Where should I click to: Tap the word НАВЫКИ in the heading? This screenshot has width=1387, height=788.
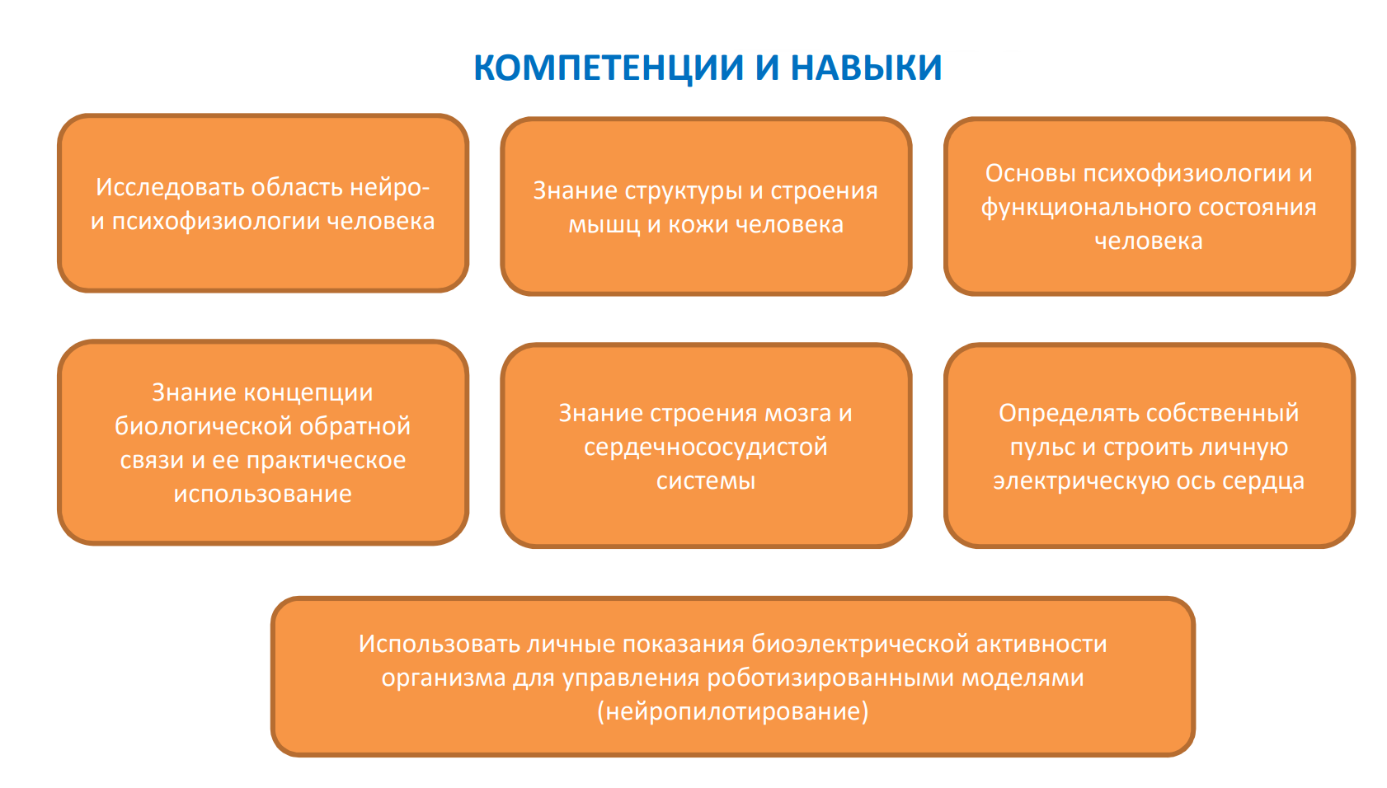coord(866,68)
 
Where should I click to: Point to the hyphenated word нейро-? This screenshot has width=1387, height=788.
coord(389,187)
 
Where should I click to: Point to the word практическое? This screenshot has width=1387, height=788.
coord(326,461)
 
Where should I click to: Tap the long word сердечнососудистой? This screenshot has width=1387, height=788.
coord(705,448)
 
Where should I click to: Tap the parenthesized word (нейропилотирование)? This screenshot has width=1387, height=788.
coord(732,712)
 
